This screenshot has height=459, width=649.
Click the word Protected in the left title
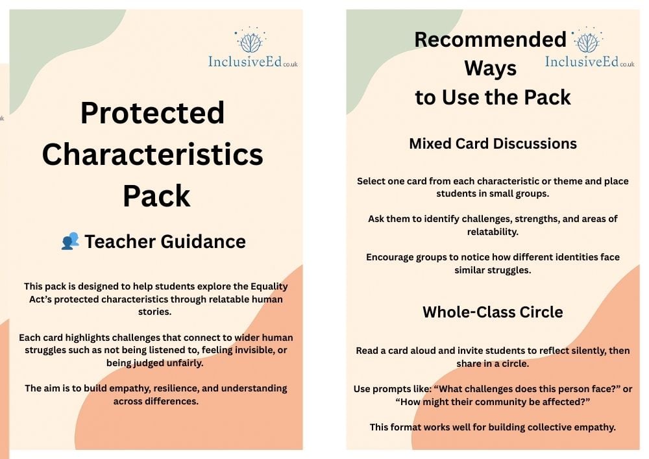pos(153,112)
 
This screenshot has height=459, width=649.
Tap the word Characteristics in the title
pos(153,154)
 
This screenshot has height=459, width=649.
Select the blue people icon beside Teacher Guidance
pos(70,241)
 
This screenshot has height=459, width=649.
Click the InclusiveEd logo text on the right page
pos(589,62)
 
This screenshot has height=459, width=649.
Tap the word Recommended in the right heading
pos(490,40)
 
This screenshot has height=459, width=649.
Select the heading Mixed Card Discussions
pos(493,143)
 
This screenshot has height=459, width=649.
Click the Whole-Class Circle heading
pos(493,312)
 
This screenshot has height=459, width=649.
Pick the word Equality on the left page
pos(269,286)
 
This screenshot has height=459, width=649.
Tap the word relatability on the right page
pos(493,232)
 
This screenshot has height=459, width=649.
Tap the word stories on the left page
pos(154,312)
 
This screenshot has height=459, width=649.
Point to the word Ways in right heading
pos(491,69)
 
